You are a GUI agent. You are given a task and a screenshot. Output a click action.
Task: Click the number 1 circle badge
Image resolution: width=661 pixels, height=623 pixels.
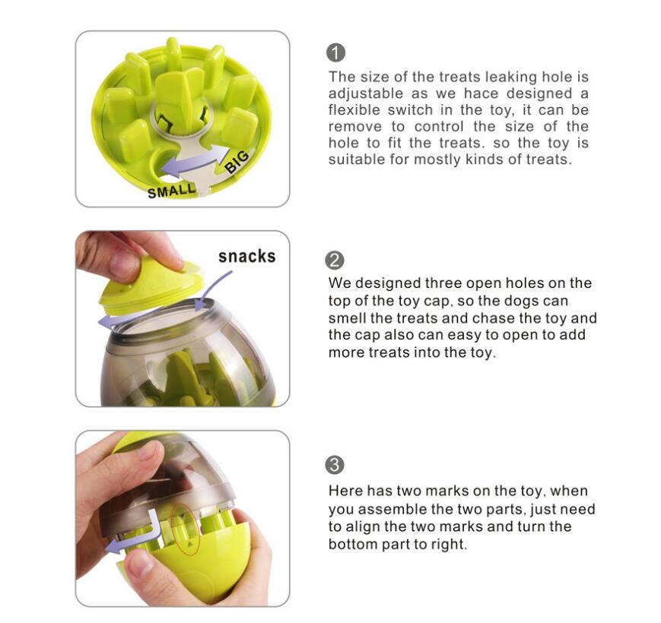pyautogui.click(x=335, y=52)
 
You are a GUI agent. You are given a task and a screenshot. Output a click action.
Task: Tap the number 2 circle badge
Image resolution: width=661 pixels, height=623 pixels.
pyautogui.click(x=335, y=260)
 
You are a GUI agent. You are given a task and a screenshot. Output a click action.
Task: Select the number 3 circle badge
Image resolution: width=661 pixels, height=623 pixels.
pyautogui.click(x=335, y=465)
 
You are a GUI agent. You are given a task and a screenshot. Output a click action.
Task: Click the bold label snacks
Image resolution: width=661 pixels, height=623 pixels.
pyautogui.click(x=246, y=256)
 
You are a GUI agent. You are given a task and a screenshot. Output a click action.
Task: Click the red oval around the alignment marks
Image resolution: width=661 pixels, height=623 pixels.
pyautogui.click(x=185, y=530)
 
